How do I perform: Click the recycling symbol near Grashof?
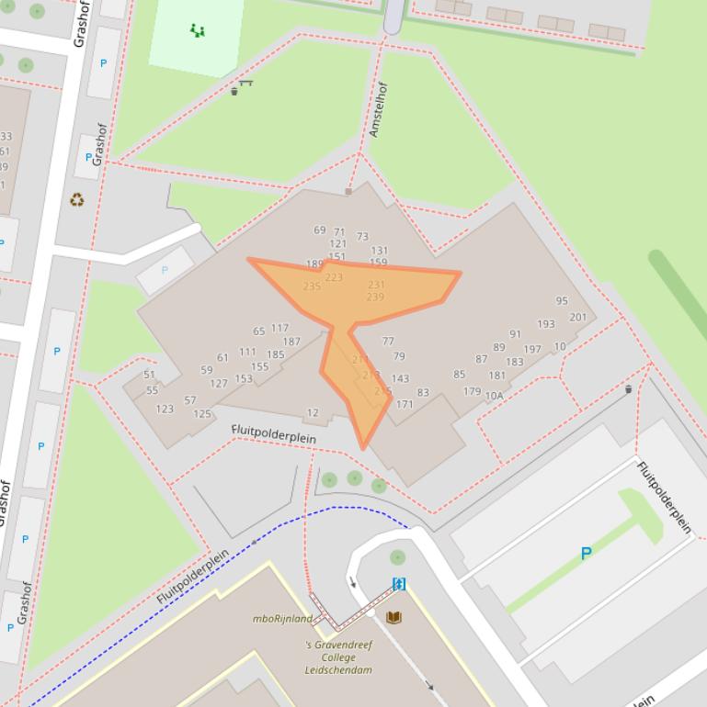tap(76, 199)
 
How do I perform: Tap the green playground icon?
tap(197, 31)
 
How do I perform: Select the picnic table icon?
tap(244, 86)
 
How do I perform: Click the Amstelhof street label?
tap(379, 110)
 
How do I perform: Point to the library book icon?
tap(393, 617)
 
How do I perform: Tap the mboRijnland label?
tap(282, 618)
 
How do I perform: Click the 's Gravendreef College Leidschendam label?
tap(338, 657)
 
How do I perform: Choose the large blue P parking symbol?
tap(586, 554)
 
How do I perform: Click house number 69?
tap(319, 230)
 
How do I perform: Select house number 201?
tap(577, 318)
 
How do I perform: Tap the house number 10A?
tap(494, 397)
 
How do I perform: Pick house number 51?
tap(150, 375)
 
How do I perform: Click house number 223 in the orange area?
tap(333, 277)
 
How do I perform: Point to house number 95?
tap(562, 301)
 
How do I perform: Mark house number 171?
tap(405, 404)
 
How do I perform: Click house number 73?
tap(362, 237)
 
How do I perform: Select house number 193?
tap(546, 324)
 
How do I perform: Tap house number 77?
tap(388, 342)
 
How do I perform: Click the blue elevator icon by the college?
tap(399, 584)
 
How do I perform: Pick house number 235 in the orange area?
tap(312, 286)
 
